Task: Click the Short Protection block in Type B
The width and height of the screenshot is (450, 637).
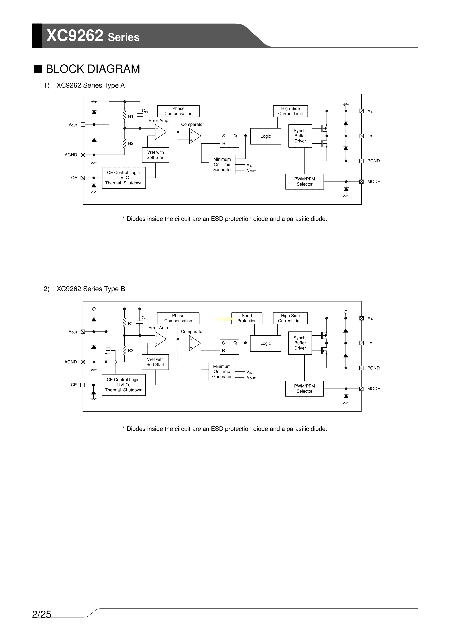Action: [x=247, y=318]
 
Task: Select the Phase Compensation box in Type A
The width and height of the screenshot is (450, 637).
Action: [x=178, y=111]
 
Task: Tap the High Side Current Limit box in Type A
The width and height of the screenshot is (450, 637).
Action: [x=290, y=111]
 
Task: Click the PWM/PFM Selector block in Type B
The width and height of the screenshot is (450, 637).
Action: [x=304, y=388]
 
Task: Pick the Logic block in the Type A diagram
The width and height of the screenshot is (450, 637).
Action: [x=265, y=136]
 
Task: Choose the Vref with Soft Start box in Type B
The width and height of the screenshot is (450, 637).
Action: [x=155, y=362]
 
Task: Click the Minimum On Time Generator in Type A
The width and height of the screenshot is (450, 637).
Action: [x=222, y=164]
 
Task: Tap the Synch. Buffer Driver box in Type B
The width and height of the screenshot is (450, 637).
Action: [x=300, y=343]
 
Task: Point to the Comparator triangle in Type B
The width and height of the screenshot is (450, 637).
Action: [x=194, y=343]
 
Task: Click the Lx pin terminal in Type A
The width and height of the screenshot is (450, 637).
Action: [x=361, y=136]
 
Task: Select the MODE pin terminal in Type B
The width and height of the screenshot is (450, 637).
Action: [x=361, y=389]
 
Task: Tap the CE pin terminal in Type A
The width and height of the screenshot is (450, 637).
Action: [x=83, y=178]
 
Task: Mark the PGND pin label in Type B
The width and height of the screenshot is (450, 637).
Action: [x=373, y=368]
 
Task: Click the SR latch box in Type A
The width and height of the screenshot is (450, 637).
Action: [x=229, y=140]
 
